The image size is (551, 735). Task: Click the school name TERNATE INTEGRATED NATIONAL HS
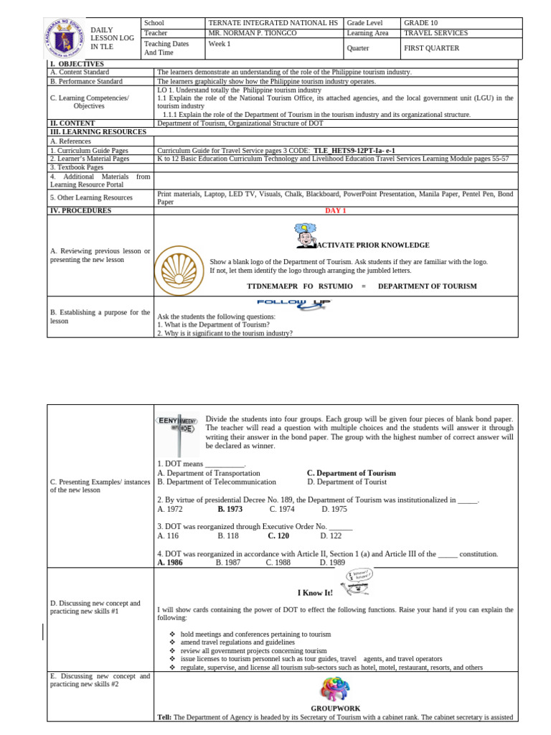pyautogui.click(x=272, y=23)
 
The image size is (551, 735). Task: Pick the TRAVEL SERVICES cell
pyautogui.click(x=435, y=33)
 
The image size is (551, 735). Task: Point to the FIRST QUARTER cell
pyautogui.click(x=431, y=48)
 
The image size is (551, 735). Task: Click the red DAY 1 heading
pyautogui.click(x=335, y=210)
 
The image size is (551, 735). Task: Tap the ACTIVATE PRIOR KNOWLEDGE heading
pyautogui.click(x=373, y=245)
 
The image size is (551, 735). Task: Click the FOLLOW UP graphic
pyautogui.click(x=294, y=304)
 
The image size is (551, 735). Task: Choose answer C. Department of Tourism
pyautogui.click(x=351, y=473)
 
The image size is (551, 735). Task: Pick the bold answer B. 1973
pyautogui.click(x=230, y=509)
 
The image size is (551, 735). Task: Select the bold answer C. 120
pyautogui.click(x=278, y=535)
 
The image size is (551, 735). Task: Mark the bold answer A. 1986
pyautogui.click(x=170, y=563)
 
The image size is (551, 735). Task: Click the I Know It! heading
pyautogui.click(x=315, y=593)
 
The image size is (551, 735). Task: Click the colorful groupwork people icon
pyautogui.click(x=336, y=690)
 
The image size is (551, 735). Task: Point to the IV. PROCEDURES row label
pyautogui.click(x=80, y=210)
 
